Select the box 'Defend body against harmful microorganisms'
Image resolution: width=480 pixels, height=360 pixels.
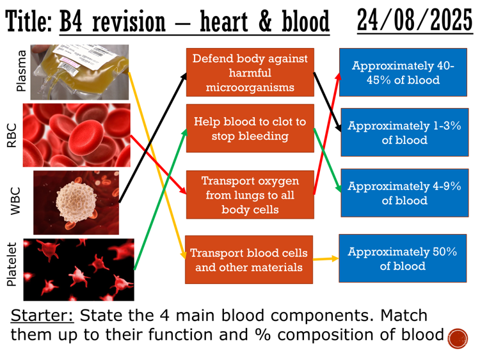point(250,72)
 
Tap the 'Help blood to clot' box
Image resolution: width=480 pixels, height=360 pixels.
point(250,129)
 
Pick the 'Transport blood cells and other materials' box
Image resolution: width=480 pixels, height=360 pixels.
point(250,260)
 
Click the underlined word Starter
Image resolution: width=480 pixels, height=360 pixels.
point(42,316)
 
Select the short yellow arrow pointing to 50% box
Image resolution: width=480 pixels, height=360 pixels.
point(326,260)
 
